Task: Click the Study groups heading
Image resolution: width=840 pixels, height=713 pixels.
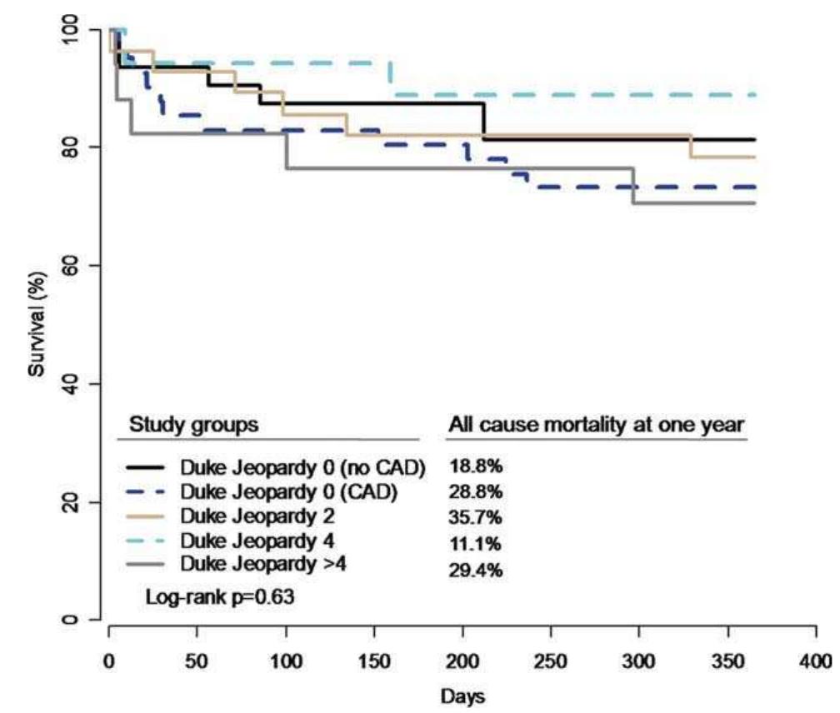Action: [193, 424]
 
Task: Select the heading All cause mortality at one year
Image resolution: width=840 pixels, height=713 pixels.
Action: [597, 424]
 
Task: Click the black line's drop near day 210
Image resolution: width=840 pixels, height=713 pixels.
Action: [483, 122]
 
